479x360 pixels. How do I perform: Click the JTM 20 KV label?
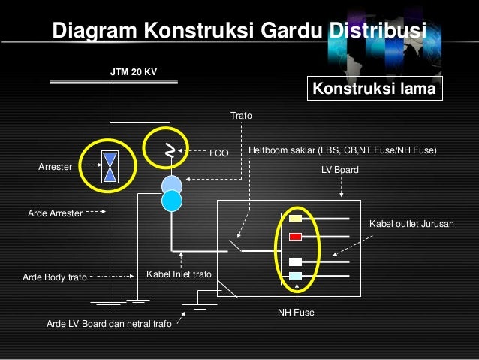point(134,73)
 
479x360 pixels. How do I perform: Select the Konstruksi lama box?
point(374,89)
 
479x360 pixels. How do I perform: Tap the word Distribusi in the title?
point(376,31)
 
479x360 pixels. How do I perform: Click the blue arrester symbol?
point(110,168)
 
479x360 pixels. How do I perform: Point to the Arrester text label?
point(55,167)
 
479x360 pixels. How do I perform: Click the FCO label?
point(218,153)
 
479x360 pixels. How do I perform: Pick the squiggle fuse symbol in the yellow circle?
point(170,151)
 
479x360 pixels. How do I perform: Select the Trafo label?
point(241,116)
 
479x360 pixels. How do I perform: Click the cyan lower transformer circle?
point(172,201)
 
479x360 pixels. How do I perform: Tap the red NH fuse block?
point(295,237)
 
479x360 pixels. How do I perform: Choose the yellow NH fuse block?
point(296,219)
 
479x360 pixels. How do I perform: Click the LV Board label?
point(340,171)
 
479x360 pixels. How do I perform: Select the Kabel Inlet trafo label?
point(179,274)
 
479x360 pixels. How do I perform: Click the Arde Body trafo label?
point(55,277)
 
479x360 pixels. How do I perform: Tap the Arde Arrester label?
point(55,213)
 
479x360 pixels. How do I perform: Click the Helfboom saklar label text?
point(342,150)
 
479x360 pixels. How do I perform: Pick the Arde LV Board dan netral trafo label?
point(109,324)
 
